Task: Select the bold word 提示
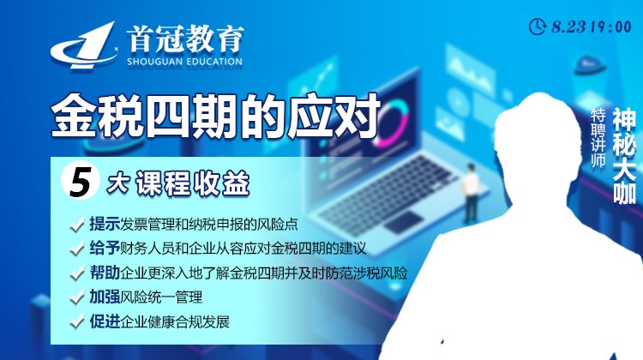[105, 225]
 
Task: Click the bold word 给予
[105, 249]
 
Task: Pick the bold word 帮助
[105, 274]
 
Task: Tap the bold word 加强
[105, 298]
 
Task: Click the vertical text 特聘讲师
[598, 137]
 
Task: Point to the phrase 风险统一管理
[164, 298]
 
